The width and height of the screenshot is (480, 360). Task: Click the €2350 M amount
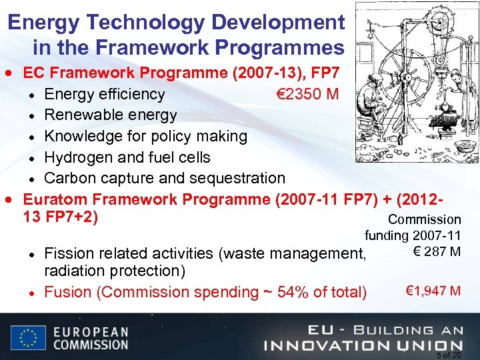point(307,94)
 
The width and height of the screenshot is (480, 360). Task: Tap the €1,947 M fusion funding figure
point(433,291)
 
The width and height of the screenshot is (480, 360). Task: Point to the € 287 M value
point(436,251)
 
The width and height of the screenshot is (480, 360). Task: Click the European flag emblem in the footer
point(28,337)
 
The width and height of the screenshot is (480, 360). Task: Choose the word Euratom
point(56,199)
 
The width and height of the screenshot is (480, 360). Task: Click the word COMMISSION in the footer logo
point(90,345)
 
